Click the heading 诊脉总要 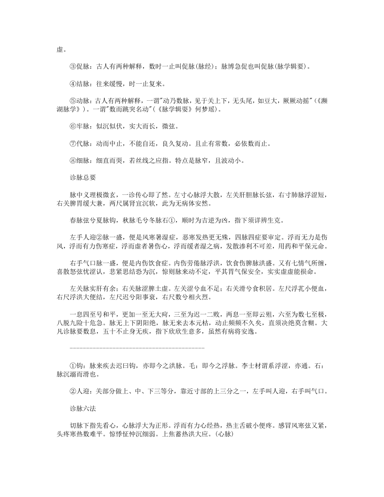[x=82, y=177]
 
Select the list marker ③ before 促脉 [x=72, y=67]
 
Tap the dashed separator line [x=137, y=347]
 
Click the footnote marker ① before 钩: [x=72, y=365]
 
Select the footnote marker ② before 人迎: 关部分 [x=72, y=391]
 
